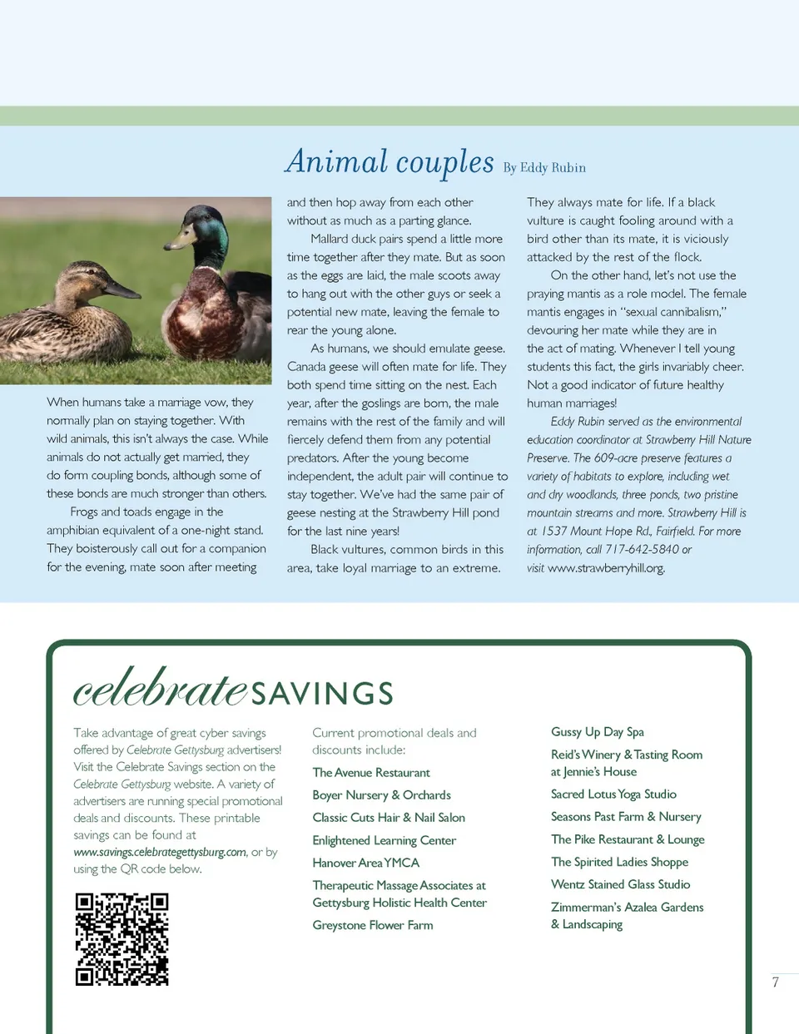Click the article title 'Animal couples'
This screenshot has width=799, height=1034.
point(390,162)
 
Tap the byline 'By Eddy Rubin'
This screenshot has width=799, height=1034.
point(544,168)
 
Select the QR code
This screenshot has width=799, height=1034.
point(122,939)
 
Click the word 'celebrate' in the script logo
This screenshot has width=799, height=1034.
point(160,689)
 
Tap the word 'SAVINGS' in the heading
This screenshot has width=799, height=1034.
point(322,693)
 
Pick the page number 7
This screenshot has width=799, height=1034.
point(775,982)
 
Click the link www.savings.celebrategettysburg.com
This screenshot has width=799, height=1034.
point(160,852)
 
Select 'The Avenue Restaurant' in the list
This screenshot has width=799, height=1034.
point(371,773)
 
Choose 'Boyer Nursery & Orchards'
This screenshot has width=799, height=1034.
point(381,795)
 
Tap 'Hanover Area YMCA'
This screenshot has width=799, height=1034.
point(365,863)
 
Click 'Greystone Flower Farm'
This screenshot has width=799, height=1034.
point(372,925)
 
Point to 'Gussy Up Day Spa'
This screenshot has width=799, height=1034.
point(597,732)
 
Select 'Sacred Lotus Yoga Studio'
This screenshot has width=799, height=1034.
point(613,794)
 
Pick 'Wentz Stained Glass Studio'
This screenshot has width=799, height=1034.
point(620,884)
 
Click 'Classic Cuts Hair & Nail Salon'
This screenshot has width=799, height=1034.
point(389,818)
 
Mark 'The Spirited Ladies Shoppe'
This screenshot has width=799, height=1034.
point(619,862)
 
